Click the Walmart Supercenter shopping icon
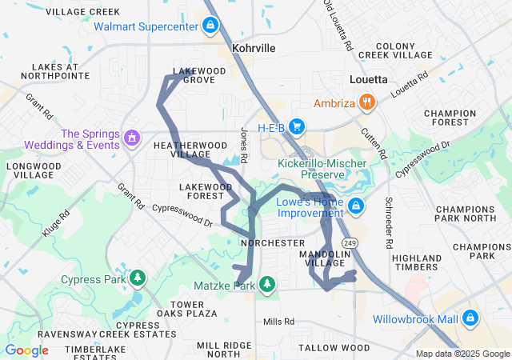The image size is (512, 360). (210, 26)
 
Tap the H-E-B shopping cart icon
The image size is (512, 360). (297, 126)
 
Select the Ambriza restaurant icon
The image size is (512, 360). (367, 102)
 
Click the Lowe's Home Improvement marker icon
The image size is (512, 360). (356, 207)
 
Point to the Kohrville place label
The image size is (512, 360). (253, 49)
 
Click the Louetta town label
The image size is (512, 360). (369, 80)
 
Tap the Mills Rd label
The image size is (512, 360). (279, 321)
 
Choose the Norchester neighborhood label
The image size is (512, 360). (273, 242)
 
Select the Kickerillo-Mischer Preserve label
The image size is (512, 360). (322, 170)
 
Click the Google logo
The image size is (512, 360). (27, 350)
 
